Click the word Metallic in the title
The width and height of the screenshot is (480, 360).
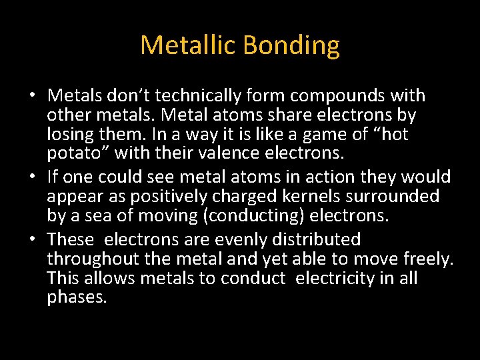(x=189, y=45)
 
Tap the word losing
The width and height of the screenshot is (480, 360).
(x=73, y=134)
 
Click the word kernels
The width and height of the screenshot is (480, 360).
(x=317, y=196)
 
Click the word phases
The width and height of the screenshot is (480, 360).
(x=77, y=297)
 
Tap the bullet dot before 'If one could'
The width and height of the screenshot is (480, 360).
(x=33, y=177)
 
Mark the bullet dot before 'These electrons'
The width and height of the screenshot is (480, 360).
(x=33, y=240)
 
